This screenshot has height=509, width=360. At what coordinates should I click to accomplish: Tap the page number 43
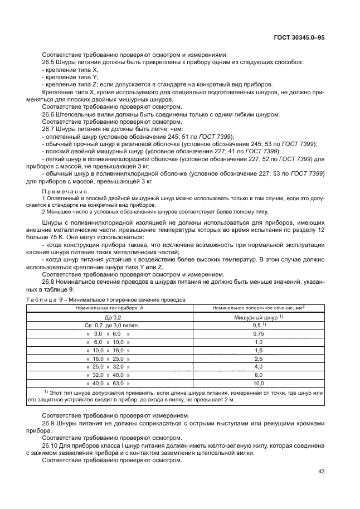pos(321,472)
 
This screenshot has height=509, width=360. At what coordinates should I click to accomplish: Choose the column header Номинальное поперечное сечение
pos(258,307)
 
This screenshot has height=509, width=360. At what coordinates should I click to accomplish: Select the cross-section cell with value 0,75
pos(258,333)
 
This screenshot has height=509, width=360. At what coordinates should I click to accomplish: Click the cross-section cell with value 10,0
pos(258,384)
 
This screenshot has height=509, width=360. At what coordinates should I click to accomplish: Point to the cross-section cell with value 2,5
pos(258,358)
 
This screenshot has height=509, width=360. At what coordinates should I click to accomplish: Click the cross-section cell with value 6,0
pos(258,375)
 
